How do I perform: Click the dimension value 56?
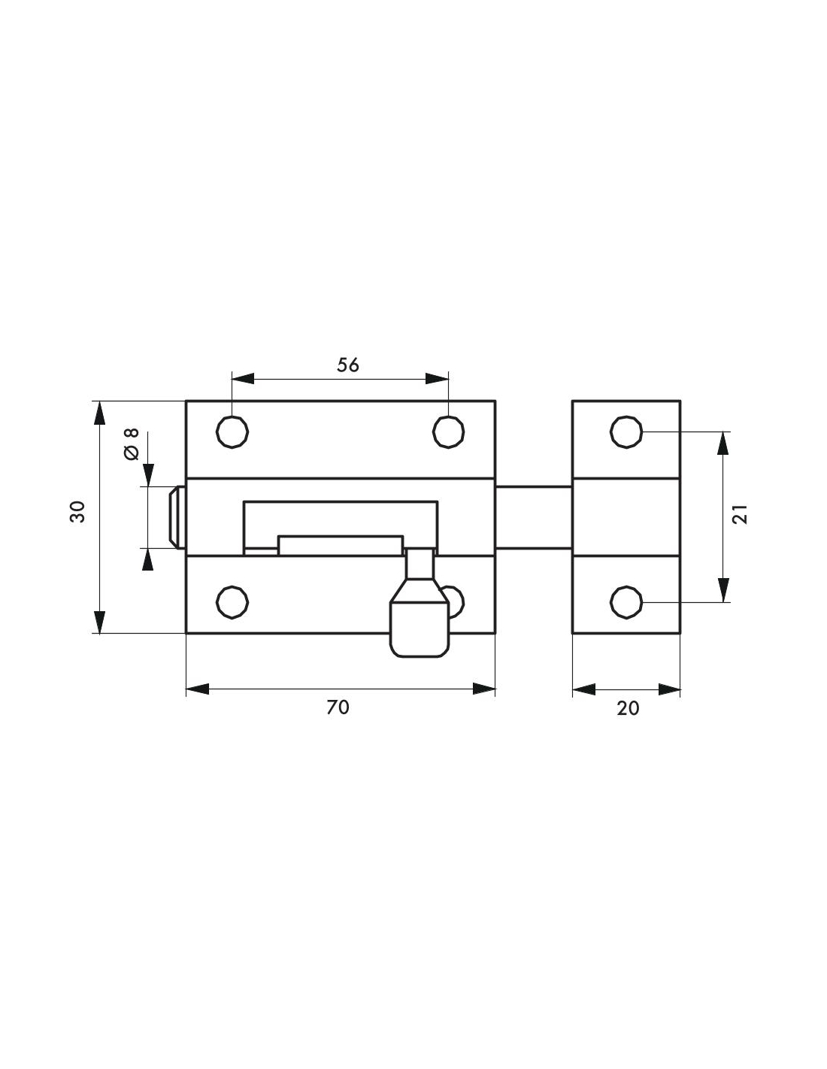coord(347,365)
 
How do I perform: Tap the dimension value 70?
coord(338,707)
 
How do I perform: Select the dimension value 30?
coord(77,512)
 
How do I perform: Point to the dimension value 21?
coord(741,514)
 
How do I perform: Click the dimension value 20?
coord(628,708)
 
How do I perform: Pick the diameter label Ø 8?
coord(132,444)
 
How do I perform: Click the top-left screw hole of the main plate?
coord(232,432)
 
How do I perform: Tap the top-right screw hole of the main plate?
coord(449,432)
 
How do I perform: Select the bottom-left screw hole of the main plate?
coord(232,602)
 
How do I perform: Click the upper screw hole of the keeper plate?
coord(626,432)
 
